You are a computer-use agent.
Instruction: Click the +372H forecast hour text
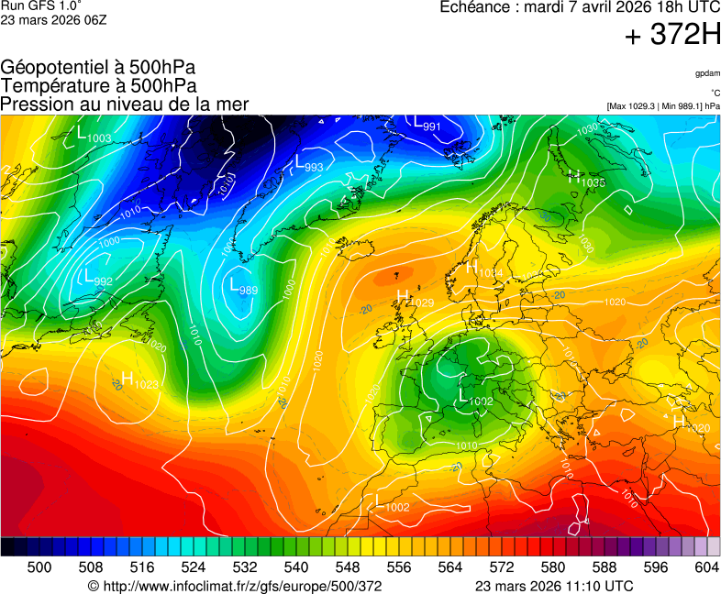pos(671,36)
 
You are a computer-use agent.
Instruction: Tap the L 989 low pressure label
pos(243,286)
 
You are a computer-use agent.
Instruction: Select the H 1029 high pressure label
pos(415,298)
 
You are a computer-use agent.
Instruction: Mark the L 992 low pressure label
pos(97,278)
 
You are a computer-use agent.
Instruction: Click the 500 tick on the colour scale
pos(39,567)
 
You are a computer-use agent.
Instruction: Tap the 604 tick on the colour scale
pos(706,567)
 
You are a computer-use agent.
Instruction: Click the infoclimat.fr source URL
pos(234,586)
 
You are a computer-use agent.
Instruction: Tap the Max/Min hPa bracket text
pos(662,106)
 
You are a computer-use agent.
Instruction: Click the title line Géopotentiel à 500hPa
pos(98,68)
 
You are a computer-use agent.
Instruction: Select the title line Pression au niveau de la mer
pos(125,104)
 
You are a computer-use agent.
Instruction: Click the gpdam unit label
pos(706,73)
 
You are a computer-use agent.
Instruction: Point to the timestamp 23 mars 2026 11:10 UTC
pos(554,586)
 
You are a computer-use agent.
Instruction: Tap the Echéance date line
pos(580,7)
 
